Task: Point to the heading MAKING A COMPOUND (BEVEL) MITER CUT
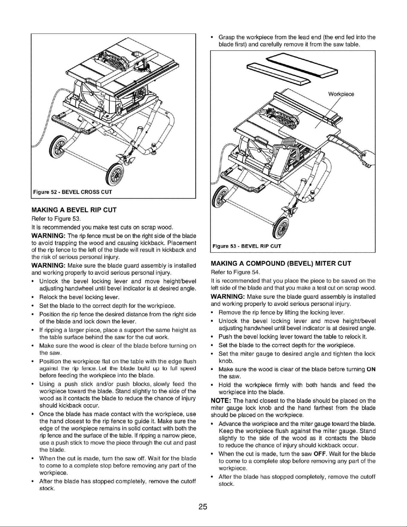(x=281, y=264)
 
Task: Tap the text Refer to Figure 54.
(x=236, y=272)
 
